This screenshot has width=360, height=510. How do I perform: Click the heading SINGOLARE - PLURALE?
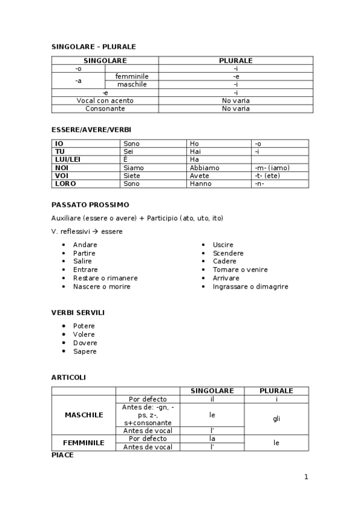pos(94,46)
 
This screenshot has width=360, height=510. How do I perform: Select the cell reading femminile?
pos(132,76)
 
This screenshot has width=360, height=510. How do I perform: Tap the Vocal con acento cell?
pos(105,100)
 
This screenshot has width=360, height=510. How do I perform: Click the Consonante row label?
pos(105,109)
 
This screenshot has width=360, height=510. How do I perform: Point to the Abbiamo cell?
pos(204,168)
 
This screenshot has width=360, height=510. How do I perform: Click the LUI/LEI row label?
pos(67,159)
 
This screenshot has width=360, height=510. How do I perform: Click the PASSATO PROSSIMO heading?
pos(90,204)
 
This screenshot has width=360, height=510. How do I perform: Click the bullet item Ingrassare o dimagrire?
pos(250,287)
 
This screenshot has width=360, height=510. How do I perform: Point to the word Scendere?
pos(228,253)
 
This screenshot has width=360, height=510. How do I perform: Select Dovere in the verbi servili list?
pos(85,343)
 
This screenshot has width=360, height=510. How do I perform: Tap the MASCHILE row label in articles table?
pos(84,415)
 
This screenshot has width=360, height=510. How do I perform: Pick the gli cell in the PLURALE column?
pos(276,419)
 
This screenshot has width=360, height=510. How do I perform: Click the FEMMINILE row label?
pos(84,443)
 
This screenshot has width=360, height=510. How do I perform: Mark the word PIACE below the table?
pos(63,455)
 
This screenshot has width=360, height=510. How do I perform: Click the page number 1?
pos(306,477)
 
